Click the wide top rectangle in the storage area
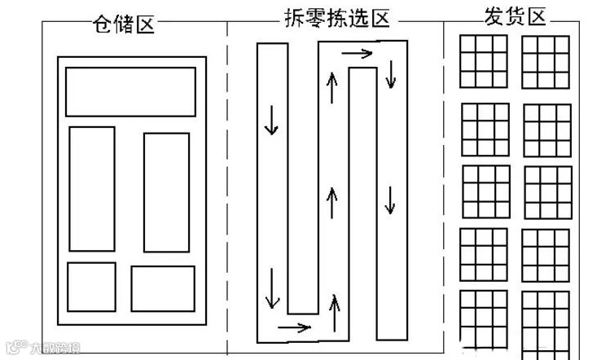coord(130,92)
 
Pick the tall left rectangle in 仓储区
coord(91,188)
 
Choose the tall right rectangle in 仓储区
coord(166,192)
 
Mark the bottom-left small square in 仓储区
coord(91,287)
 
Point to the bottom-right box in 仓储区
coord(163,288)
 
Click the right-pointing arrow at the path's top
coord(357,54)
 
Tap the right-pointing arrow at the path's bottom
coord(294,328)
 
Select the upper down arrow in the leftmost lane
coord(271,121)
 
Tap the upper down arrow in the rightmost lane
coord(391,73)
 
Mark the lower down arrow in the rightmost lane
coord(391,199)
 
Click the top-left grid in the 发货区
coord(483,62)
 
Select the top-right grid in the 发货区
coord(546,62)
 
